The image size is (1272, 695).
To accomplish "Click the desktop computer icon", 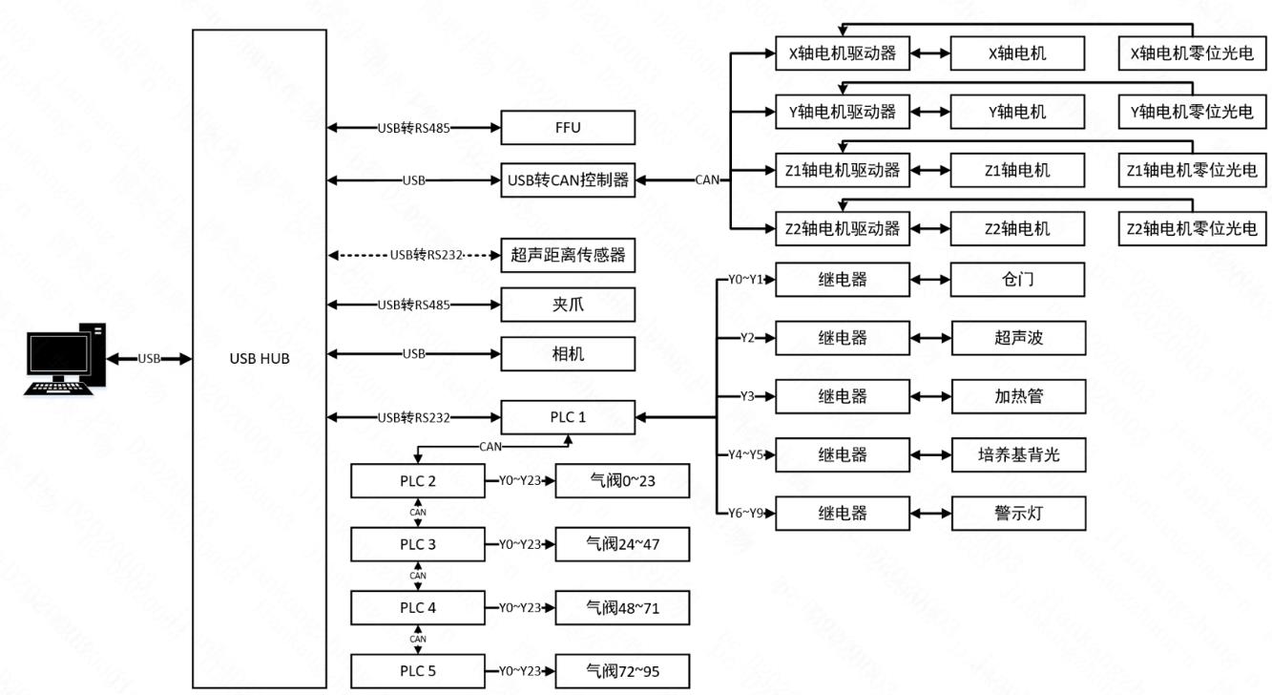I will pyautogui.click(x=65, y=359).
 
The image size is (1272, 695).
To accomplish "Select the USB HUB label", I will pyautogui.click(x=260, y=359).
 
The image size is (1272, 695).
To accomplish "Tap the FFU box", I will pyautogui.click(x=568, y=127).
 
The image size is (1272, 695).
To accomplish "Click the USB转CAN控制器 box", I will pyautogui.click(x=568, y=179).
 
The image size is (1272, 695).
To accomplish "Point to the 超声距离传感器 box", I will pyautogui.click(x=568, y=255).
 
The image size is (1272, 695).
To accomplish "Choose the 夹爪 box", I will pyautogui.click(x=568, y=305).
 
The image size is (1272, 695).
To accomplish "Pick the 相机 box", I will pyautogui.click(x=568, y=354).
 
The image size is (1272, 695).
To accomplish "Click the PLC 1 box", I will pyautogui.click(x=568, y=416).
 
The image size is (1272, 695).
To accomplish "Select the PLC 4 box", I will pyautogui.click(x=418, y=607).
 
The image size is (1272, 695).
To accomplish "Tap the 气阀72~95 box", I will pyautogui.click(x=622, y=670).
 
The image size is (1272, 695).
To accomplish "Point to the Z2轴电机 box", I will pyautogui.click(x=1017, y=228).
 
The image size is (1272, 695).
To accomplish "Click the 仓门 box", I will pyautogui.click(x=1017, y=280).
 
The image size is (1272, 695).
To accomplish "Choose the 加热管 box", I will pyautogui.click(x=1017, y=395).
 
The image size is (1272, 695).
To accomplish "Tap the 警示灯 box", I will pyautogui.click(x=1017, y=513).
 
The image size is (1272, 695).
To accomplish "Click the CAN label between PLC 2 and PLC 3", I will pyautogui.click(x=418, y=513).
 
